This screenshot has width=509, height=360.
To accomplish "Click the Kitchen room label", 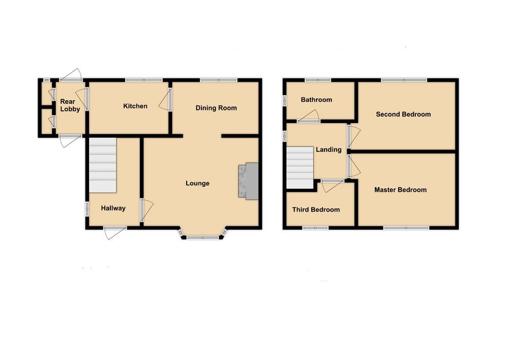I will [x=135, y=106].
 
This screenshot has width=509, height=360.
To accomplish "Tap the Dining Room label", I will [x=216, y=108].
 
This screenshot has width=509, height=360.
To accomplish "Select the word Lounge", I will [x=197, y=183].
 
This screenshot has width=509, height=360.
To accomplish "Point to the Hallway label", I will [x=113, y=208].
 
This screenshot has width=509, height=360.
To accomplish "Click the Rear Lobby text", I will [x=70, y=106].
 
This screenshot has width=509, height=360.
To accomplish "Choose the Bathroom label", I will [x=316, y=100].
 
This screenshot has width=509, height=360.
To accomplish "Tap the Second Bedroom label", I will [x=403, y=114].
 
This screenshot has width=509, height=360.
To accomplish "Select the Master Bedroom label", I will [x=400, y=190].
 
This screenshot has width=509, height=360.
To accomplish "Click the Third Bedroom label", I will [x=316, y=209].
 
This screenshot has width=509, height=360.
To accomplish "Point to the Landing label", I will [x=329, y=150].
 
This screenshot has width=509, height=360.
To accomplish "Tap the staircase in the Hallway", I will [x=102, y=165].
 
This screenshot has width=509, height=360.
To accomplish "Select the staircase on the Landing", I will [x=300, y=168].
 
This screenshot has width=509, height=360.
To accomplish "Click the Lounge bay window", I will [x=202, y=238].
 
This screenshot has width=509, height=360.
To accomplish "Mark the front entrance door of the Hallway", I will [x=115, y=232].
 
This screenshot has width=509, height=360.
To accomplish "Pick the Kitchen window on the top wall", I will [x=144, y=80].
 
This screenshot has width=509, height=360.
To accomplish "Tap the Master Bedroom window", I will [x=406, y=229].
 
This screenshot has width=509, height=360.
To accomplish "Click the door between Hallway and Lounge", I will [x=145, y=209].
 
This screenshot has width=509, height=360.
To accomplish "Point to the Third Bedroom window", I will [x=315, y=229].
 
